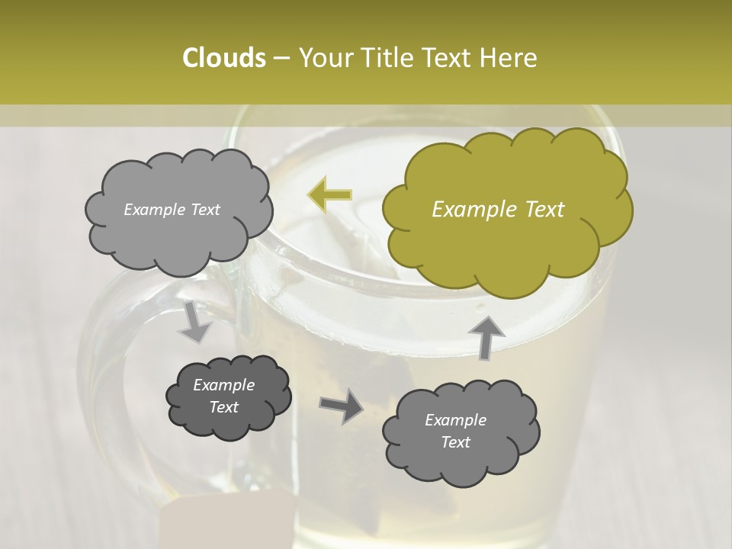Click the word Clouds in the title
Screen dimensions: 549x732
[x=223, y=58]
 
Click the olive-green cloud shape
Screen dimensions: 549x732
[x=506, y=210]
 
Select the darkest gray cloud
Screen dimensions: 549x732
[x=228, y=396]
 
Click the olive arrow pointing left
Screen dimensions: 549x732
[x=329, y=194]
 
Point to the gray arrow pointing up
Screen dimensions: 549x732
[x=486, y=336]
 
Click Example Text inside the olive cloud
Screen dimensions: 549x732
[x=498, y=210]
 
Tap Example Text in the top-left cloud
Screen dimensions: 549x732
[x=172, y=210]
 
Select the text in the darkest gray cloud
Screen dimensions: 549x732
[x=223, y=396]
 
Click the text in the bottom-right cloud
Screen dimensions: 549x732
[x=455, y=432]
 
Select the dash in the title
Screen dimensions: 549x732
[x=280, y=59]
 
